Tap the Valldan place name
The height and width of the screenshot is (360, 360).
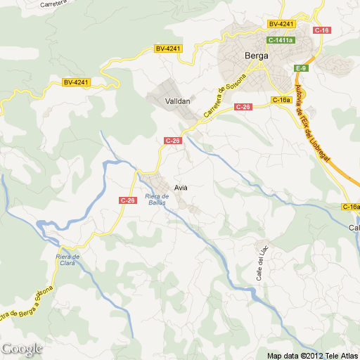pos(177,101)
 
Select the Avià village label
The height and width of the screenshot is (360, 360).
pos(181,187)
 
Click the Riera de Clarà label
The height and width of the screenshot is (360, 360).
pos(68,260)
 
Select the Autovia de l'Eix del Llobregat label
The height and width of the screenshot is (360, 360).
pos(312,123)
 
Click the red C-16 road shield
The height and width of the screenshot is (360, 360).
pos(322,30)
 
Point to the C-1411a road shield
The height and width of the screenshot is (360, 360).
pos(280,40)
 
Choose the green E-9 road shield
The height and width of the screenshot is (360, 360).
pos(301,67)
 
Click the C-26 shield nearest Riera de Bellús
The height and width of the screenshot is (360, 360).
pos(127,200)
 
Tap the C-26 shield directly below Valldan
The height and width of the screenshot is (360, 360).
pos(173,141)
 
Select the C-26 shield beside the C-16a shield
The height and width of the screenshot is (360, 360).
pos(243,106)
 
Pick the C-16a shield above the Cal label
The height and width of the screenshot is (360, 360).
pos(351,206)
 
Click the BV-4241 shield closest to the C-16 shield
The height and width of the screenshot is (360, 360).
pos(281,24)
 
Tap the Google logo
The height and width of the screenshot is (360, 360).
pos(21,348)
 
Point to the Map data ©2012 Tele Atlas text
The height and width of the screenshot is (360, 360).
pos(312,354)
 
